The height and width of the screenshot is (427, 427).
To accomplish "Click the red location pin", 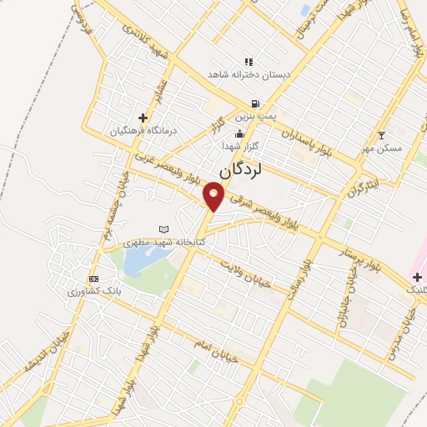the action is click(x=214, y=196).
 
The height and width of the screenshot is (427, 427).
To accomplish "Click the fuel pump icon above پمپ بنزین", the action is click(x=254, y=104).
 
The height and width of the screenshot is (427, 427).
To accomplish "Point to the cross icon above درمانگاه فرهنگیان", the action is click(x=143, y=118).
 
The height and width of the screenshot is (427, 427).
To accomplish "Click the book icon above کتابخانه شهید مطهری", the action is click(x=163, y=229).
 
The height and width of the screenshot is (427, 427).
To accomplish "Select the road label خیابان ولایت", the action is click(x=246, y=270).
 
